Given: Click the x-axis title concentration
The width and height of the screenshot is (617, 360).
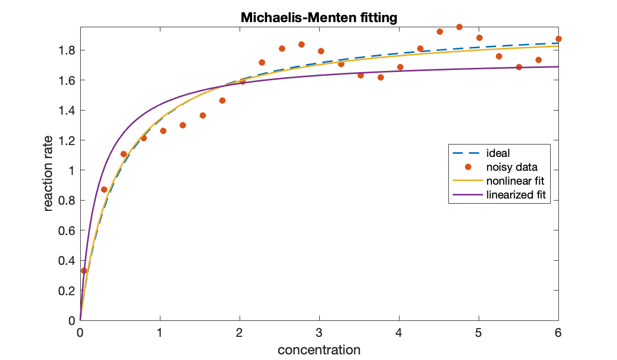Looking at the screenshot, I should click(319, 350).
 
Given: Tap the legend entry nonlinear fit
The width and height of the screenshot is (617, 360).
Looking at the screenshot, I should click(515, 181).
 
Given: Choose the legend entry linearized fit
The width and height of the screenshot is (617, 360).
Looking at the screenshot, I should click(515, 195).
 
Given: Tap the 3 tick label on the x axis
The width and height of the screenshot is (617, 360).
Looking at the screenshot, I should click(319, 332).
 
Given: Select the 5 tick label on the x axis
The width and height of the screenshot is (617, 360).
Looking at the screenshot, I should click(479, 332).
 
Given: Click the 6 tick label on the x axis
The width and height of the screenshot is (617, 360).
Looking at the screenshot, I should click(558, 332).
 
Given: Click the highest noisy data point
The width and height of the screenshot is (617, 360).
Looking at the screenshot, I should click(459, 27).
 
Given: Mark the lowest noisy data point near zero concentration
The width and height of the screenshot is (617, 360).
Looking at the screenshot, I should click(84, 271).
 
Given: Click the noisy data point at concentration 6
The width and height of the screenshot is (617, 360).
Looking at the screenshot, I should click(558, 39).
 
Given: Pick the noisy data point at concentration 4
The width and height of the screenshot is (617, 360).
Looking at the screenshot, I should click(400, 67).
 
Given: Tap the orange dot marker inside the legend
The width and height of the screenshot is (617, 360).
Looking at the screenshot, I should click(468, 167).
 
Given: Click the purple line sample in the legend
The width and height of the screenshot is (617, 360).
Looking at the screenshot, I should click(468, 195).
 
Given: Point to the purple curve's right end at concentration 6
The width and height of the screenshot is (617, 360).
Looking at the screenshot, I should click(558, 67).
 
